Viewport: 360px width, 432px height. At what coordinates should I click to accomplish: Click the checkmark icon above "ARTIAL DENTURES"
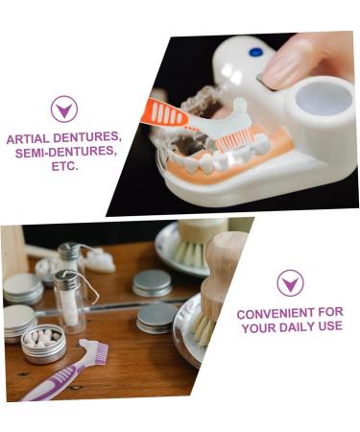pos(64,108)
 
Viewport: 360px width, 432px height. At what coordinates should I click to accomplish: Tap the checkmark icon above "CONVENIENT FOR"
pos(290,283)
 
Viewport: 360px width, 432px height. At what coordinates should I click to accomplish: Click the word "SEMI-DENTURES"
pos(63,152)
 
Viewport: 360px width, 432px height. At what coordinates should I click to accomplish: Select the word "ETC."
pos(64,165)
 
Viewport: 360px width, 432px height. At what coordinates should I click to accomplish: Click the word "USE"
pos(327,327)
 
